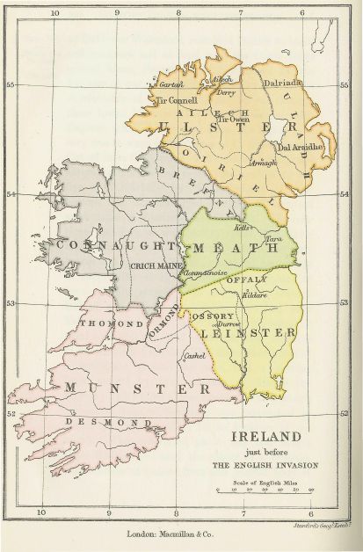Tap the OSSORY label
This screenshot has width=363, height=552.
pyautogui.click(x=217, y=316)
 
